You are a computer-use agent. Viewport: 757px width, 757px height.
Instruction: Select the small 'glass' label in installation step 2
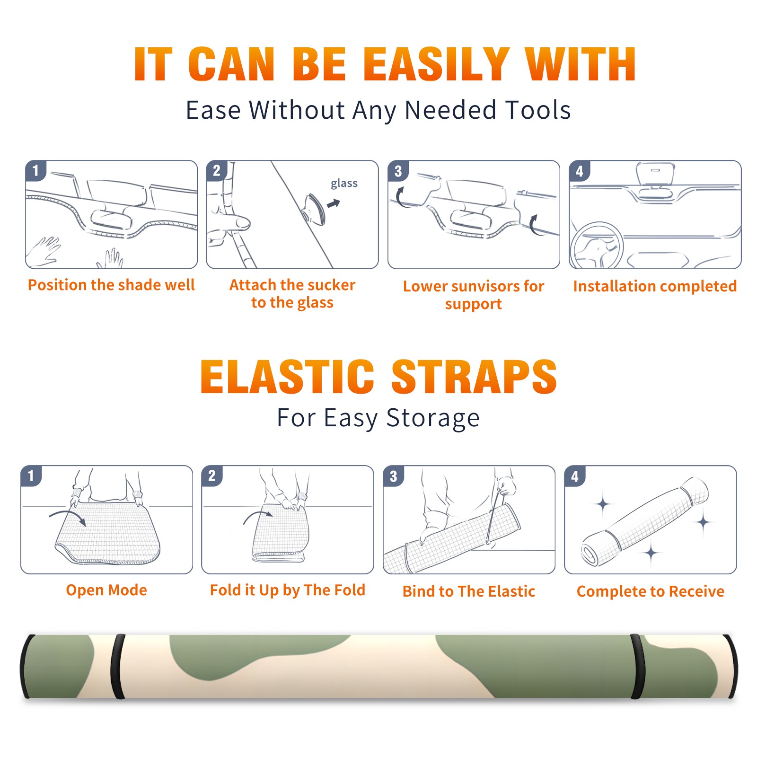click(x=344, y=184)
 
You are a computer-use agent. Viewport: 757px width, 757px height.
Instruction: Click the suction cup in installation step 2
click(x=315, y=208)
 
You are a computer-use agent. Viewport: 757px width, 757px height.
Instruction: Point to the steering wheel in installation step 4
click(x=597, y=246)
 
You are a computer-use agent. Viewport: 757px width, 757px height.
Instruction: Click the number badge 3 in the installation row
click(x=398, y=171)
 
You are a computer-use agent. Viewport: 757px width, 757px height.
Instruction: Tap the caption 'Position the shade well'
click(x=111, y=285)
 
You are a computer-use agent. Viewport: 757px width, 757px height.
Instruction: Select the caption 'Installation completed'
click(x=655, y=286)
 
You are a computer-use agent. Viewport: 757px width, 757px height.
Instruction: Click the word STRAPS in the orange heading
click(x=474, y=377)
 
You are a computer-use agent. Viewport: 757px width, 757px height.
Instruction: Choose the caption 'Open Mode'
click(x=106, y=590)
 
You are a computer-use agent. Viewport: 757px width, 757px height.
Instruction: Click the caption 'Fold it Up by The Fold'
click(x=288, y=590)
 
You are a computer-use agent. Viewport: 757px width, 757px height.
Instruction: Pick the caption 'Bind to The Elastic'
click(x=469, y=591)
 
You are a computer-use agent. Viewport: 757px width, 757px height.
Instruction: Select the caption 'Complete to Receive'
click(x=651, y=591)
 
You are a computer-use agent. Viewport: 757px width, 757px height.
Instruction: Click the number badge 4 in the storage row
click(x=575, y=476)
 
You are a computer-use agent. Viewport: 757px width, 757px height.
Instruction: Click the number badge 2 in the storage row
click(x=212, y=475)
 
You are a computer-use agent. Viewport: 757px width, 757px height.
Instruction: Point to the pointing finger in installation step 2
click(x=232, y=222)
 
